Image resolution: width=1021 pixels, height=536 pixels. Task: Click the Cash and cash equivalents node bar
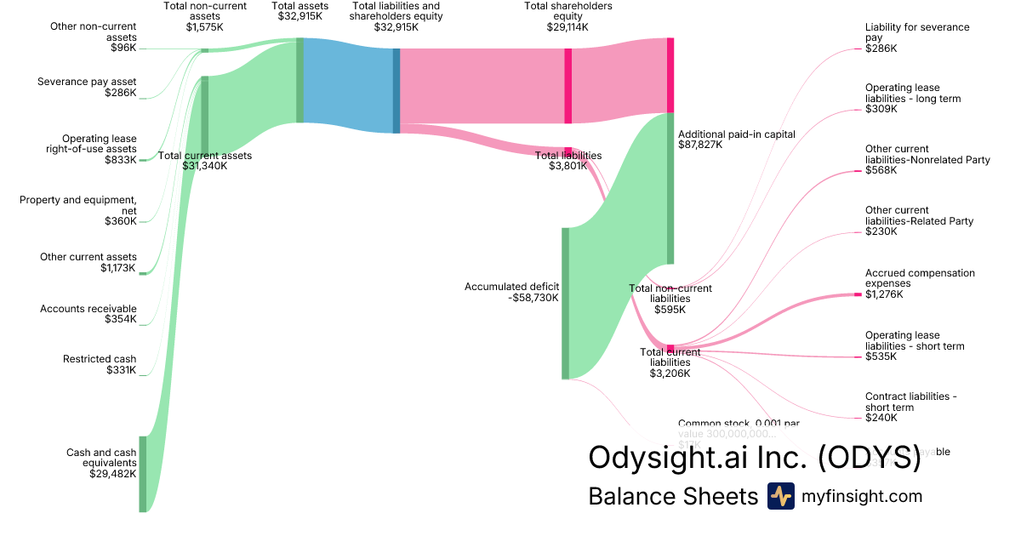pos(143,474)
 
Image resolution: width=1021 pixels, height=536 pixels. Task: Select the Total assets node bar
pos(299,80)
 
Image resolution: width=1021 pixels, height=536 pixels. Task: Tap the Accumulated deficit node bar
pos(565,303)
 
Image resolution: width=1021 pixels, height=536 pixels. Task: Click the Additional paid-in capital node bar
pos(670,188)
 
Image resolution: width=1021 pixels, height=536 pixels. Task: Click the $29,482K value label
pos(112,474)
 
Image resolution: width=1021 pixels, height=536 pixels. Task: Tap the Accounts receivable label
pos(88,309)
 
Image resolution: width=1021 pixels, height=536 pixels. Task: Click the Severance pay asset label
pos(87,82)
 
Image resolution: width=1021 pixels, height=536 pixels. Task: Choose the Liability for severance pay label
pos(917,32)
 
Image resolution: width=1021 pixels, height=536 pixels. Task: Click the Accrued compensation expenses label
pos(920,278)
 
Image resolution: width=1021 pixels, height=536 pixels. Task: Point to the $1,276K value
pos(884,294)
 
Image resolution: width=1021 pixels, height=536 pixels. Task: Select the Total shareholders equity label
pos(568,11)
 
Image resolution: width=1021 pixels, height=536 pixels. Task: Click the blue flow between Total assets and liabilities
pos(348,85)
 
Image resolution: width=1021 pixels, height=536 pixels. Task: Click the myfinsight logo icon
pos(780,496)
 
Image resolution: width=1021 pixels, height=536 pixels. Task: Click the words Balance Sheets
pos(672,496)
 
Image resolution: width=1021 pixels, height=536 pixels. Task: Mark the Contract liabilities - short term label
pos(911,402)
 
